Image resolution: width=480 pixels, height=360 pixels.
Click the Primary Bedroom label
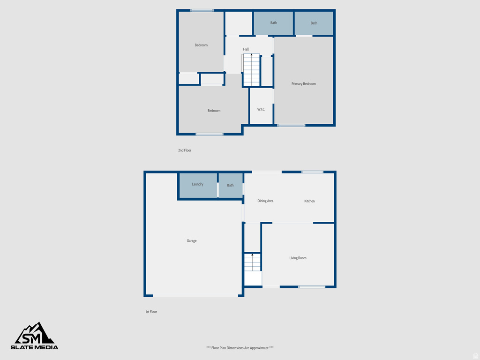304,84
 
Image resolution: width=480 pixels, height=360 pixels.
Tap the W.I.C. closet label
261,109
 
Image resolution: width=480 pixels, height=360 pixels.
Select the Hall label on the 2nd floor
246,49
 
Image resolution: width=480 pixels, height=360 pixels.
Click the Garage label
192,241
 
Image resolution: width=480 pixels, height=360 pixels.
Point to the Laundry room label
198,184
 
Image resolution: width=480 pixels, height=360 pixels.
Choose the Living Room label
298,258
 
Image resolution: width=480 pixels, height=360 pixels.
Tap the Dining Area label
265,201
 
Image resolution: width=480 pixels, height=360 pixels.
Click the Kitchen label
309,201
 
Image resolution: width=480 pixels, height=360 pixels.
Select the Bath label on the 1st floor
230,185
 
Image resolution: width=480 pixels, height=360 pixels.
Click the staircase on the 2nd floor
251,70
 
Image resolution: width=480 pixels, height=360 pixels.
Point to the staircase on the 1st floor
252,262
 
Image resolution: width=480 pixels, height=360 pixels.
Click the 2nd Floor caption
185,150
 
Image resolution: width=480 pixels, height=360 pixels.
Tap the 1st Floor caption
151,312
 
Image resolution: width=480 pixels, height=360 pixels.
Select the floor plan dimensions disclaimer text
240,348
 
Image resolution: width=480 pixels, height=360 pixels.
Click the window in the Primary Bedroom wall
291,125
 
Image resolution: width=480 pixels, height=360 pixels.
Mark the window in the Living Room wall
312,286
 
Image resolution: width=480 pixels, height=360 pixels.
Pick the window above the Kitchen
312,172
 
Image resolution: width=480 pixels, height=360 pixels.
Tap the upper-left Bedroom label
201,45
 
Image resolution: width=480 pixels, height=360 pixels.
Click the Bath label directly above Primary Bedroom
314,23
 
